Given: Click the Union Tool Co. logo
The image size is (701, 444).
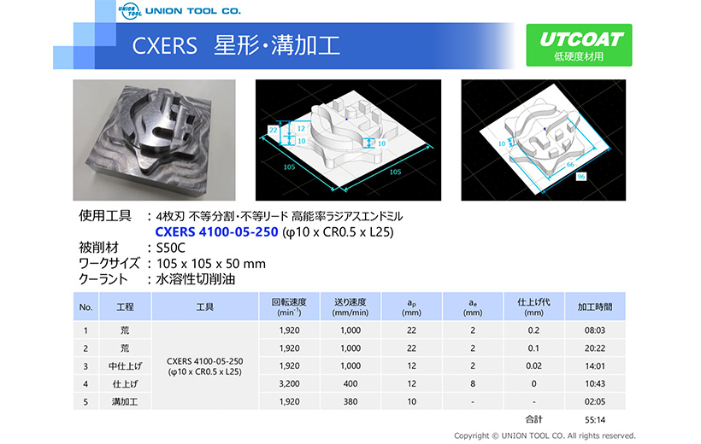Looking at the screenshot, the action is (x=180, y=11).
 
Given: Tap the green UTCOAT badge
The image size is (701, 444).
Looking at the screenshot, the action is (x=579, y=45).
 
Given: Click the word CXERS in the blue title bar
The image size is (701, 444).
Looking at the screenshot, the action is (x=164, y=46).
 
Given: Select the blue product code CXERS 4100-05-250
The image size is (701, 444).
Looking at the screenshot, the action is (x=216, y=232).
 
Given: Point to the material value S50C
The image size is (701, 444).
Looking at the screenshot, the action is (x=170, y=248).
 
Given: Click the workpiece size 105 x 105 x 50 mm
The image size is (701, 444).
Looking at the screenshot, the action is (x=210, y=264).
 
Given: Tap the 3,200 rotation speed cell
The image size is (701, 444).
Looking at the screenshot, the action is (x=289, y=383).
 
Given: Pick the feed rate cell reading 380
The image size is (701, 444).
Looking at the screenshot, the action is (x=350, y=401).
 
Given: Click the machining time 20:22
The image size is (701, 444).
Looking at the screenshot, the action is (x=595, y=348).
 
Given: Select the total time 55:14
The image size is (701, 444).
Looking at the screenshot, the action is (x=595, y=420).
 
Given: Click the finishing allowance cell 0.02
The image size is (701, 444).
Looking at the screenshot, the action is (x=533, y=365).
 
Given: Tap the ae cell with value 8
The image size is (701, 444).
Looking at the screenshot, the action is (x=473, y=383).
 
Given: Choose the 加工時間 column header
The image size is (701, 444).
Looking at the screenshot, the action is (x=595, y=307).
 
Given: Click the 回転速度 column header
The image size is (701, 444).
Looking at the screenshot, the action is (x=289, y=307).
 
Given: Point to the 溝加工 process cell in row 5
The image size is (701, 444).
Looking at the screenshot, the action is (x=125, y=401).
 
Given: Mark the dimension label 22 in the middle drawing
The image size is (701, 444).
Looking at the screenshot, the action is (x=274, y=130).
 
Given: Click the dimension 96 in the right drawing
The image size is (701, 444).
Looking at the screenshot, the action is (x=580, y=177).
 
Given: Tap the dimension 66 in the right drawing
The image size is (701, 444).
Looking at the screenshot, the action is (x=570, y=165).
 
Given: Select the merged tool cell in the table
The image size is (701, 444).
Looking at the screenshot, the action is (x=205, y=365).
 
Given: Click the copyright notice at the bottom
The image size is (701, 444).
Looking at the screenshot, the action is (x=545, y=435).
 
